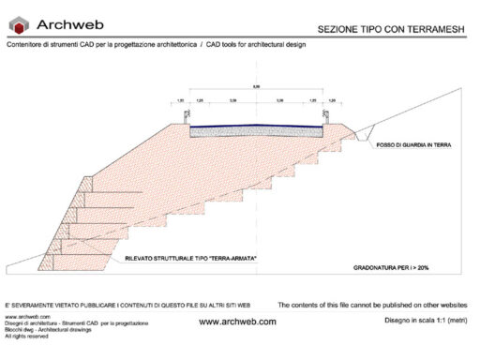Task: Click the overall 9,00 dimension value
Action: point(257,87)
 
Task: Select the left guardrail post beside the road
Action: point(187,115)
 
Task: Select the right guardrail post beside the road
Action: point(326,115)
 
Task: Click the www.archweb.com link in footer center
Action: point(238,322)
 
